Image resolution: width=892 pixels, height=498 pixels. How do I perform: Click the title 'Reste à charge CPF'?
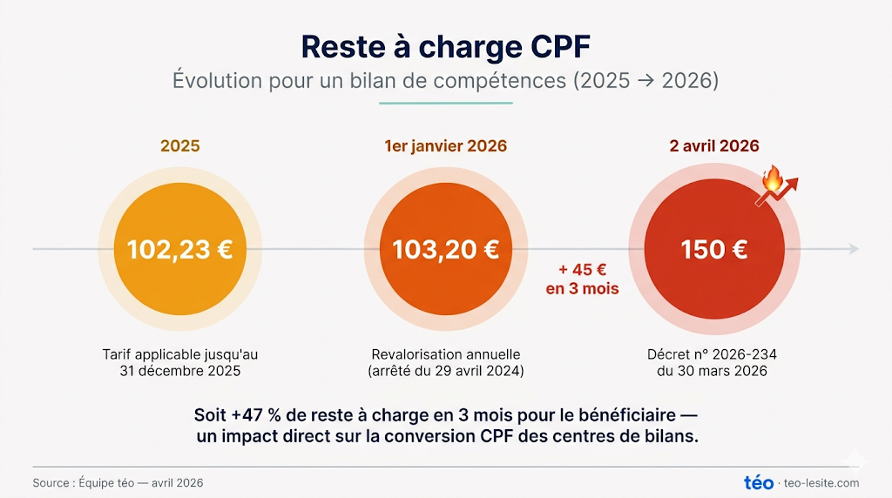(445, 45)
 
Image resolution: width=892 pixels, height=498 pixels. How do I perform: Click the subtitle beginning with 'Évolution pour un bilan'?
(445, 81)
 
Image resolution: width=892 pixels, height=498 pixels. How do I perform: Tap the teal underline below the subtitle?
(445, 104)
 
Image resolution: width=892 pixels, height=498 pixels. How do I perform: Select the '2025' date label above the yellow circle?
(179, 145)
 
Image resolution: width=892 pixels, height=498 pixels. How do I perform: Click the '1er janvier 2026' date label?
(445, 145)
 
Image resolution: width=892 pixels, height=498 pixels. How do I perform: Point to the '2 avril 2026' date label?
(713, 145)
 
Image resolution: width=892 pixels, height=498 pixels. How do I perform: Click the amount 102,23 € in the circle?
(179, 250)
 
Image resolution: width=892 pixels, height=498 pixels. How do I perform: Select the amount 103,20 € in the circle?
(445, 250)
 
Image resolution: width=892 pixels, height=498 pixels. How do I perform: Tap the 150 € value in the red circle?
(713, 250)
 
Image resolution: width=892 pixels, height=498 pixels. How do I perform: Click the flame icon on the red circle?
(771, 179)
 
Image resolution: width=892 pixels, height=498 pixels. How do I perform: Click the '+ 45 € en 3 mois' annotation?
(582, 279)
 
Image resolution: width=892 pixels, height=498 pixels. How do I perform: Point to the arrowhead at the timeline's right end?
(853, 249)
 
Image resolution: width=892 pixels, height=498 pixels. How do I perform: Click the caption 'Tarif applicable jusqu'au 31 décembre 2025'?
(179, 362)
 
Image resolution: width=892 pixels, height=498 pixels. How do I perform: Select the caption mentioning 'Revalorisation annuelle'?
(445, 362)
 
